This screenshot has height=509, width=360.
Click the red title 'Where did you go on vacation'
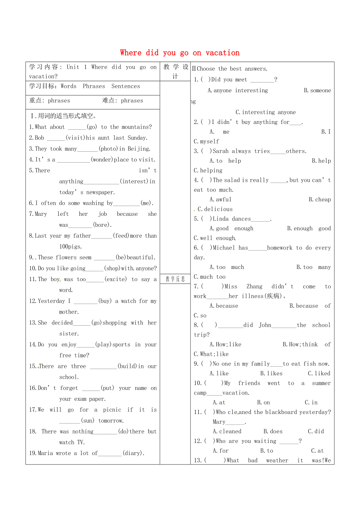click(180, 53)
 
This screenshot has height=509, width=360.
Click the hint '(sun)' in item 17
click(88, 421)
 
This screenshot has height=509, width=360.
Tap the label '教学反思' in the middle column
click(175, 279)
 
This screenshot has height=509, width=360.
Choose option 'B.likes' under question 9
click(268, 373)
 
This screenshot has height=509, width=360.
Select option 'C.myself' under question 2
click(206, 142)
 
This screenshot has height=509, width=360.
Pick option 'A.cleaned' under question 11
click(227, 431)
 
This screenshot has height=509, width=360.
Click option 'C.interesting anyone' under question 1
click(265, 112)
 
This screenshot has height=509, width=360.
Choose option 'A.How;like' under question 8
click(225, 344)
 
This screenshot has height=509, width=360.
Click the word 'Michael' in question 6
click(224, 247)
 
